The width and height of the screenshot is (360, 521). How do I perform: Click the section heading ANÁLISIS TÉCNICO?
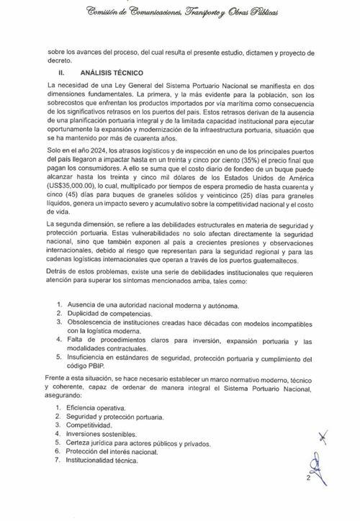(x=112, y=73)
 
